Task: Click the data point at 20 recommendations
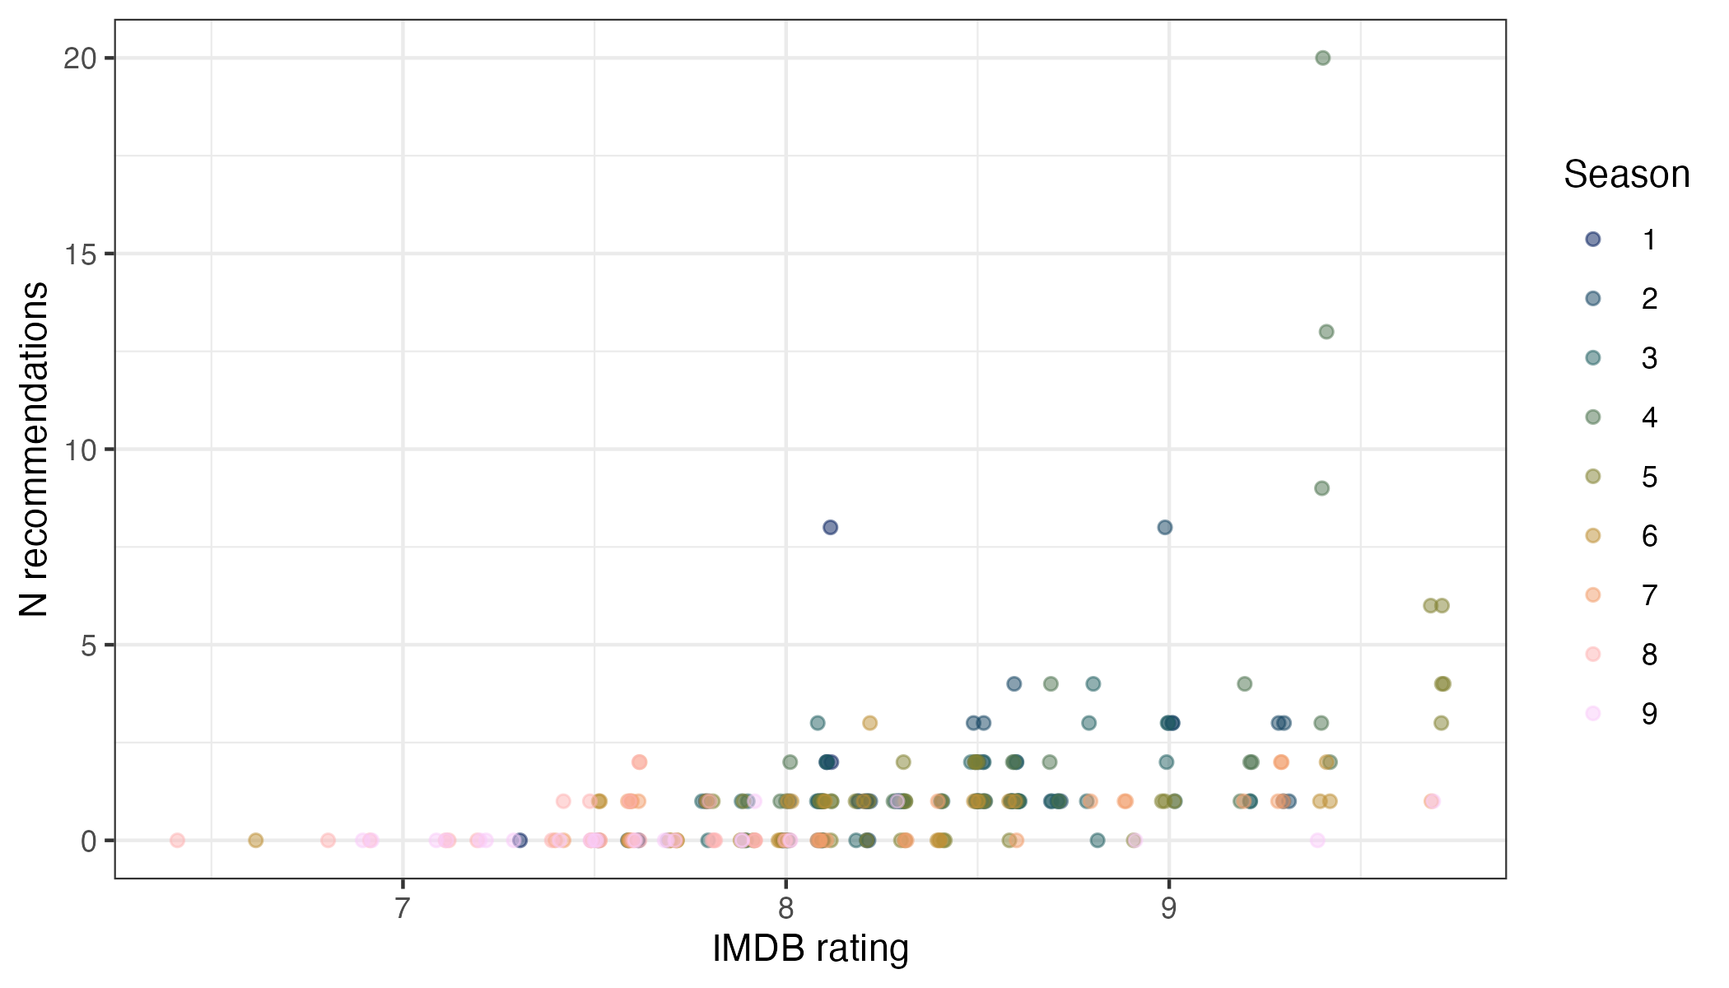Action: [1322, 58]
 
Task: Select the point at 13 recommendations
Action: [1326, 332]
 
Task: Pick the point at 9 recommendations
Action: [1321, 488]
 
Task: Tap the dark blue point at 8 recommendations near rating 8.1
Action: [830, 527]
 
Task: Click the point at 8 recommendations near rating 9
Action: [1164, 527]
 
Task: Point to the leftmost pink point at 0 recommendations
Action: [177, 841]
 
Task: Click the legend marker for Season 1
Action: [1593, 240]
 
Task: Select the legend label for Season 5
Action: [1649, 477]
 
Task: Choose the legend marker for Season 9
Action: [1593, 713]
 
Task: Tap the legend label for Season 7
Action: [1649, 595]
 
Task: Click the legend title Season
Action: [1626, 175]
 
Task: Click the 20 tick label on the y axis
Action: [80, 58]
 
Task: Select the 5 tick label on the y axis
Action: [89, 645]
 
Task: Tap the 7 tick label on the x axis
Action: [402, 908]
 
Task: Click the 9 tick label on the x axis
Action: [1168, 908]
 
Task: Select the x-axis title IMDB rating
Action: [810, 948]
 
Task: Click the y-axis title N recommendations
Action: [35, 450]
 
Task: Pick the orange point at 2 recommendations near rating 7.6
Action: [639, 762]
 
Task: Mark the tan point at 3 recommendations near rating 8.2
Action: [869, 723]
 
